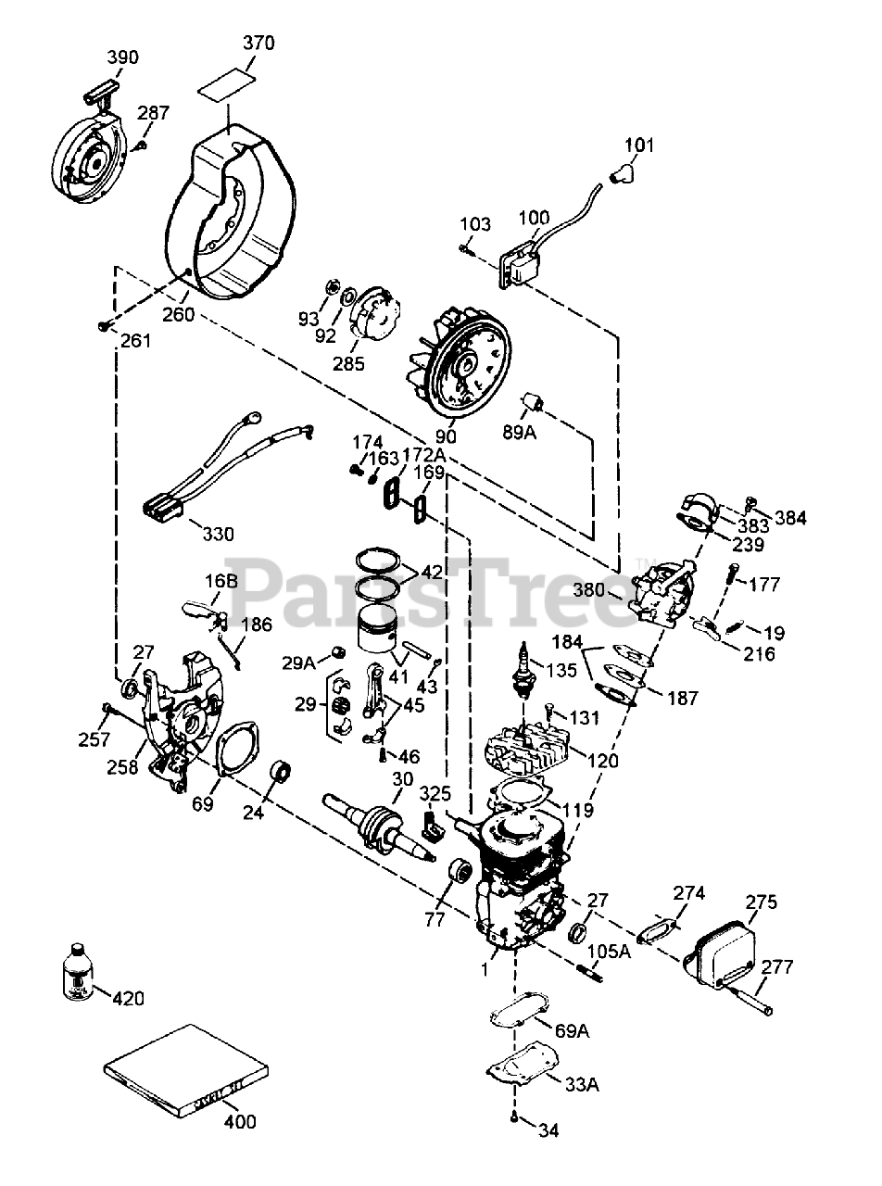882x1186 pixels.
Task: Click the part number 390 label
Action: (122, 57)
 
